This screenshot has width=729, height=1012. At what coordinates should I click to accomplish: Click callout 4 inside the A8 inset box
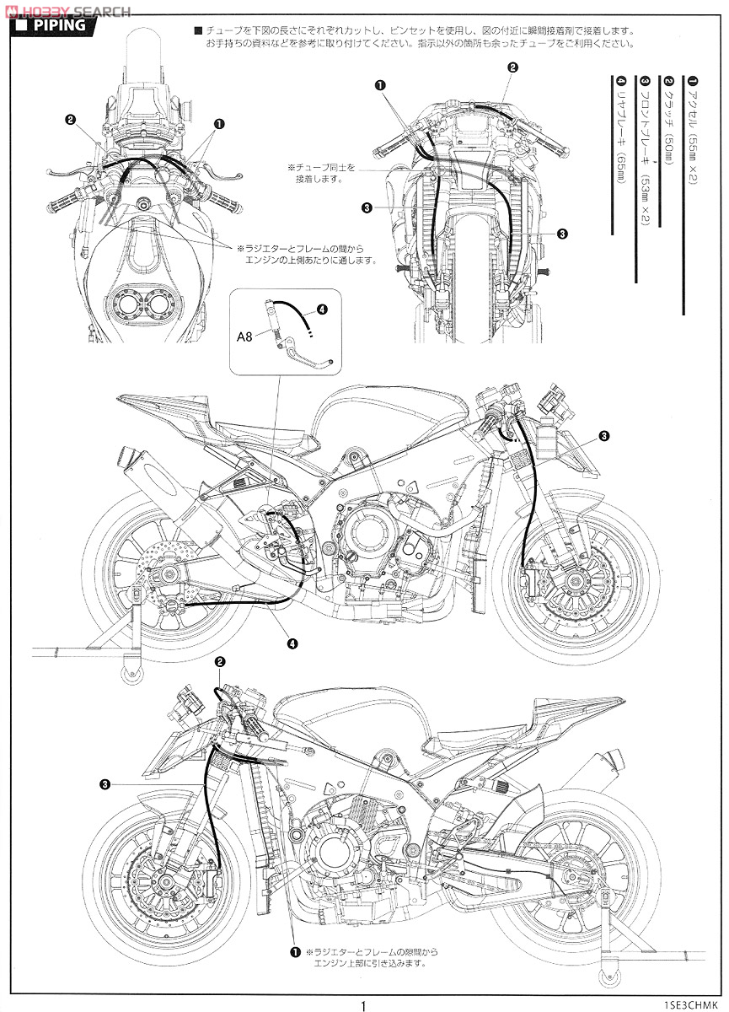click(x=323, y=309)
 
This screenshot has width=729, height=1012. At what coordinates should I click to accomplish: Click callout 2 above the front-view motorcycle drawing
click(x=512, y=67)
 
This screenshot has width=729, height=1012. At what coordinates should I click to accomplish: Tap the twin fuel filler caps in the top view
click(x=140, y=304)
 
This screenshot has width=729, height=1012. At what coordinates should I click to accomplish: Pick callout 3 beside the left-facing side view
click(x=104, y=783)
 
